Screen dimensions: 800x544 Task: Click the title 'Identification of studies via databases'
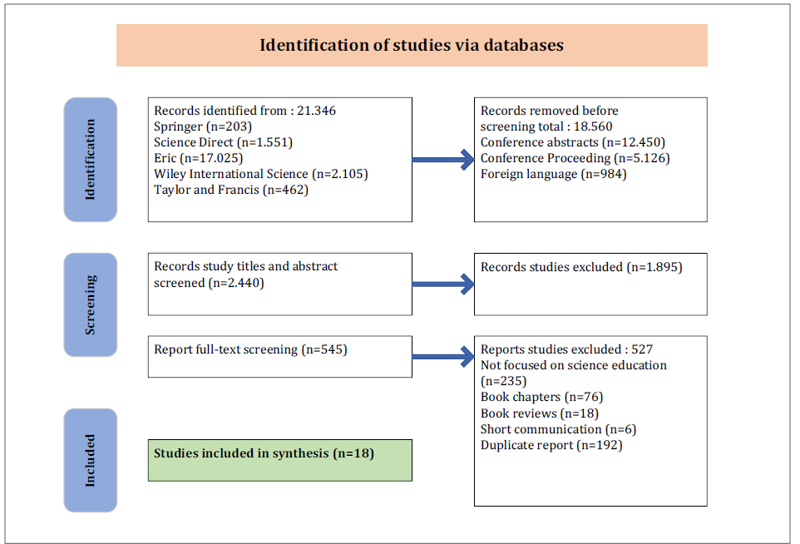411,45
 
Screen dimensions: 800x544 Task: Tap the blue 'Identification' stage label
91,159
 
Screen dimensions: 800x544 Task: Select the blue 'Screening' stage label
91,304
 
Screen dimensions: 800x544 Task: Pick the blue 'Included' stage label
91,460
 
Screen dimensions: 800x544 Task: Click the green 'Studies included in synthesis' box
280,460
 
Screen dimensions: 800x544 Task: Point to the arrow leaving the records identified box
443,160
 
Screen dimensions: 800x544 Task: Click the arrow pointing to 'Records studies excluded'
443,284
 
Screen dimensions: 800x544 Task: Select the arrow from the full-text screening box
443,357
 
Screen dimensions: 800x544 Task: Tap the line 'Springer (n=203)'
203,126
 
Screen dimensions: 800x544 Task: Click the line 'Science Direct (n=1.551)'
224,142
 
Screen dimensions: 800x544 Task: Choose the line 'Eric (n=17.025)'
199,158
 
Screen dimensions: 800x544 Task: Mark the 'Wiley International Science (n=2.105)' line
261,174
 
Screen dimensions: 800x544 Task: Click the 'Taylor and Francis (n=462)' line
231,190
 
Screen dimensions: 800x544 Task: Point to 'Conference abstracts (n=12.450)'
573,142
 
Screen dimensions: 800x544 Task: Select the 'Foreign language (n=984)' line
554,174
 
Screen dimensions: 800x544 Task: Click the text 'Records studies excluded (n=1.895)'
581,267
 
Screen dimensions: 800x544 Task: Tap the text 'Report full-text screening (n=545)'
250,349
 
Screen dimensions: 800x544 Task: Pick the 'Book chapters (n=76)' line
542,397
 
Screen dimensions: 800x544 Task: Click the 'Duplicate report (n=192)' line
551,445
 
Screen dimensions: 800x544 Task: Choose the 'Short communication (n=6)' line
559,429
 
